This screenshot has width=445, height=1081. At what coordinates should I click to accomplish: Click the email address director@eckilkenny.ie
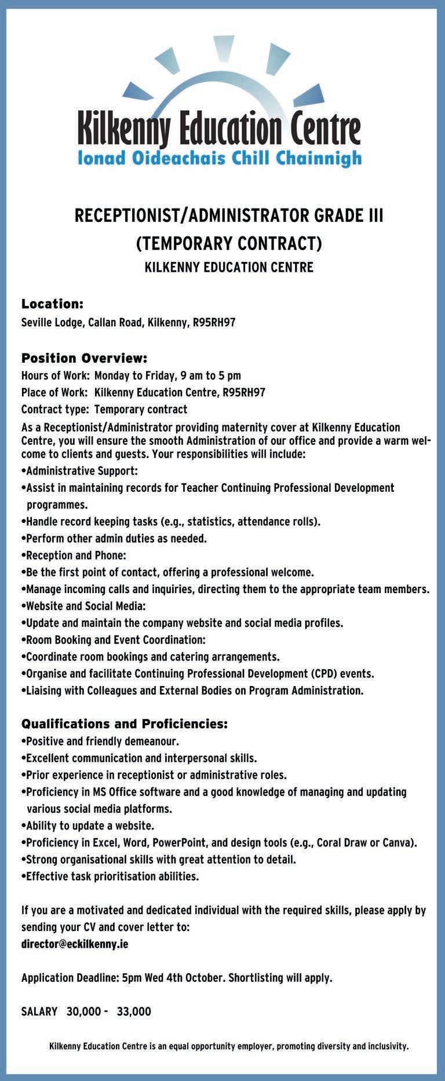click(75, 944)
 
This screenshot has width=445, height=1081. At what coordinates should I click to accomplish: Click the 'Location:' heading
click(53, 304)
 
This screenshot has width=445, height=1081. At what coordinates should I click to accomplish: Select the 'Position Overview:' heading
click(85, 358)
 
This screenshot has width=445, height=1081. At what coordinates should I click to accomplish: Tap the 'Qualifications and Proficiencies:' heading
click(125, 724)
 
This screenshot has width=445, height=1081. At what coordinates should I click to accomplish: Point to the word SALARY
click(39, 1011)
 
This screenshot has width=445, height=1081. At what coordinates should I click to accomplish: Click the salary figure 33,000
click(134, 1011)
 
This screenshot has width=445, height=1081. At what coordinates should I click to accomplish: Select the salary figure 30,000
click(83, 1011)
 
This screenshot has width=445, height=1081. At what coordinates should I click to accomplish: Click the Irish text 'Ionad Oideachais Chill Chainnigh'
click(220, 158)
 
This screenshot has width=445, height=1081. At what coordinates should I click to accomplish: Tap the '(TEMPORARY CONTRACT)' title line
click(228, 243)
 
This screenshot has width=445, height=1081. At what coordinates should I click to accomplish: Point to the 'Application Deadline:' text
click(70, 978)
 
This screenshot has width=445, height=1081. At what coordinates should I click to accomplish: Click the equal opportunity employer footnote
click(229, 1046)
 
